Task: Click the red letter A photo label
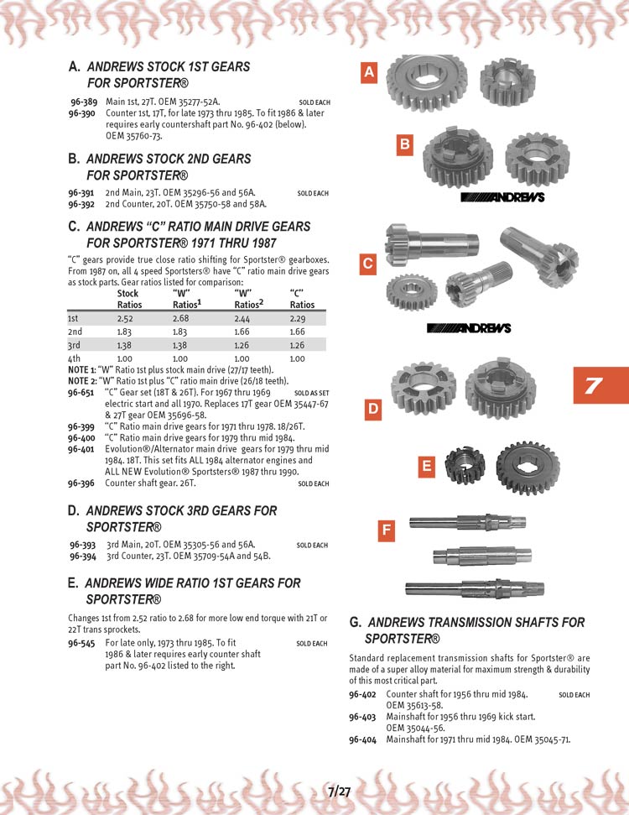369,74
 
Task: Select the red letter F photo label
386,530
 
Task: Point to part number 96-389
87,102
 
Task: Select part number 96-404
362,739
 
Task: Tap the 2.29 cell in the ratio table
301,319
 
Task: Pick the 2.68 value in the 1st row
182,319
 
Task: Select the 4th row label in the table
75,358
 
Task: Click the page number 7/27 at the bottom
339,791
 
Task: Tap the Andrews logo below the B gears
503,198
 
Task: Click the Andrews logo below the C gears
468,327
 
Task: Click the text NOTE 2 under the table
81,380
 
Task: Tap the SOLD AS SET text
312,393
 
